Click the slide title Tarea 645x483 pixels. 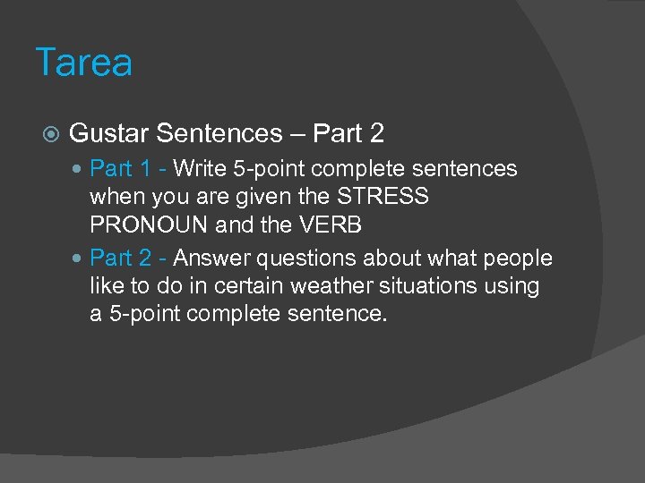(x=84, y=63)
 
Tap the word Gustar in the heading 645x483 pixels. (x=108, y=134)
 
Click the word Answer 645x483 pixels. (x=211, y=258)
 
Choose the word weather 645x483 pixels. (x=347, y=286)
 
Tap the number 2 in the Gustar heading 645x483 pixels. (x=376, y=134)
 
